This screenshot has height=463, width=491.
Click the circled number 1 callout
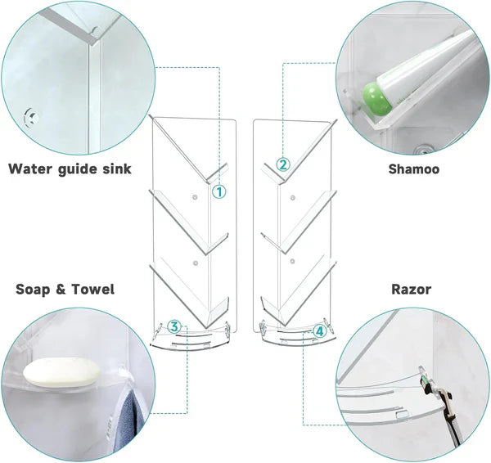(x=218, y=191)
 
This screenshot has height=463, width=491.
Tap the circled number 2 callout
(x=282, y=164)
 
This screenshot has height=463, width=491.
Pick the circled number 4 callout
(x=319, y=331)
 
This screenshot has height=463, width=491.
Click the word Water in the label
(x=32, y=169)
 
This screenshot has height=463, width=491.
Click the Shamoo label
(x=413, y=169)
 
